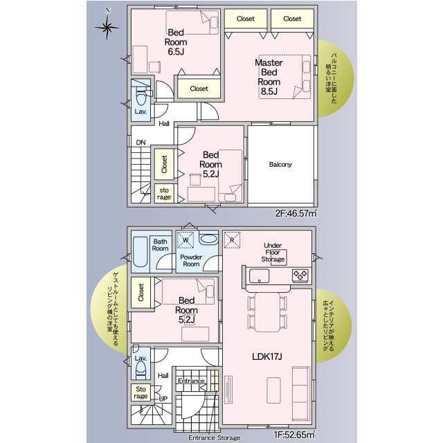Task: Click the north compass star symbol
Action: point(107,27)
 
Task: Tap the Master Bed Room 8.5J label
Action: point(269,77)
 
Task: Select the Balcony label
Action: point(280,165)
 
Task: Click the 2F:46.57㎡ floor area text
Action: point(296,213)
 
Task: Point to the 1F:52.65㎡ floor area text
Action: point(294,434)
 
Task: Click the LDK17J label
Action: point(267,356)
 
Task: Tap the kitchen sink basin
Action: point(259,275)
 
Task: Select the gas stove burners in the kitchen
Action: point(300,275)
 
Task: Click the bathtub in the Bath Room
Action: point(140,252)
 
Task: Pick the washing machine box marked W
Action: point(186,240)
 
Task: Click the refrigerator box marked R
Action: point(232,240)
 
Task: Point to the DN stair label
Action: point(141,143)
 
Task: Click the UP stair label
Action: point(163,399)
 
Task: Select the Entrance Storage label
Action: point(215,437)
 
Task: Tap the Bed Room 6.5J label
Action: point(176,42)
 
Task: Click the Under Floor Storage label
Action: point(273,252)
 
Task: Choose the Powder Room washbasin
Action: point(208,239)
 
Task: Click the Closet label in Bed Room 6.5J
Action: point(199,89)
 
